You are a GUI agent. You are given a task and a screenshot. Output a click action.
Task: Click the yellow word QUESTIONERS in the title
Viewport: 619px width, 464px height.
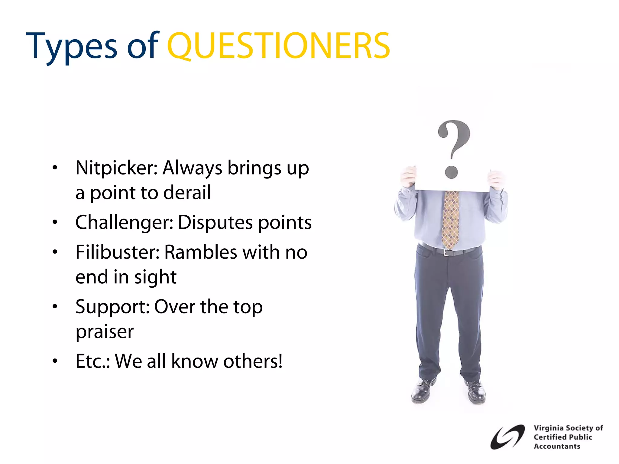pyautogui.click(x=278, y=46)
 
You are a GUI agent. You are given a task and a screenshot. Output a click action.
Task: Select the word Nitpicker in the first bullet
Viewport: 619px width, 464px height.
pyautogui.click(x=116, y=168)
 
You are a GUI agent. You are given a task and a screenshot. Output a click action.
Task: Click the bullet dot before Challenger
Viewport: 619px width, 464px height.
pyautogui.click(x=55, y=223)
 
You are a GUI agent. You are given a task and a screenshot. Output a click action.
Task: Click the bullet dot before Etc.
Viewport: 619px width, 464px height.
pyautogui.click(x=55, y=361)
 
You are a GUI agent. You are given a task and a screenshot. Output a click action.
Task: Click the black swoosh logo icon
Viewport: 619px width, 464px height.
pyautogui.click(x=507, y=437)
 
